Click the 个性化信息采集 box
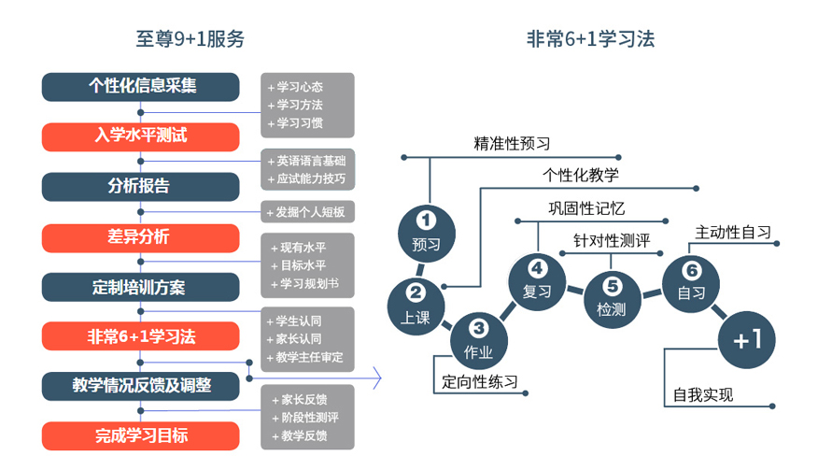(x=141, y=86)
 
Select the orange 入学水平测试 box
(x=141, y=135)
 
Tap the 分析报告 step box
(x=141, y=186)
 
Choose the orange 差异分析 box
(x=141, y=236)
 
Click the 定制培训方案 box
(x=141, y=287)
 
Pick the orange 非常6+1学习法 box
(x=141, y=335)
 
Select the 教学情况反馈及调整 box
(x=141, y=385)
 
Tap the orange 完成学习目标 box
(x=141, y=435)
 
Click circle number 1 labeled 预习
(x=426, y=232)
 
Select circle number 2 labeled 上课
(x=416, y=304)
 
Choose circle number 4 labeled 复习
(x=536, y=279)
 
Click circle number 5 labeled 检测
(x=611, y=297)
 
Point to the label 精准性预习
(x=512, y=144)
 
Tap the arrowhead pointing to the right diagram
(x=376, y=378)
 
